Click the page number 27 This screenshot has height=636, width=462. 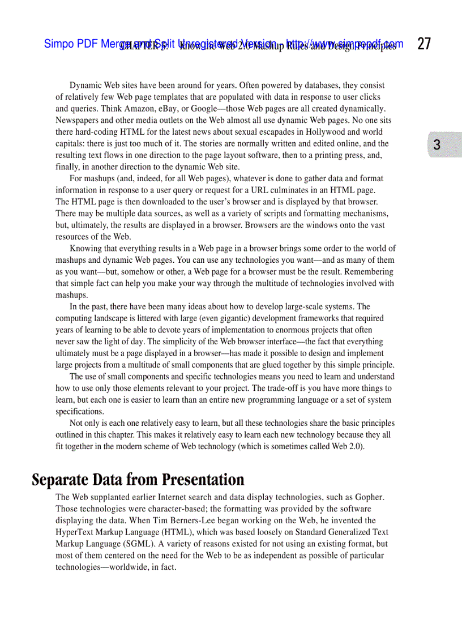tap(424, 44)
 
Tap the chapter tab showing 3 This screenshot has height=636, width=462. tap(437, 145)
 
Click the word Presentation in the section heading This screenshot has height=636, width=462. tap(203, 480)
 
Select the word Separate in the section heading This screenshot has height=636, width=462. tap(58, 480)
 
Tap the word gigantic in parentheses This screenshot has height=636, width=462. tap(233, 318)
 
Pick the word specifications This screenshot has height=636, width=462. tap(79, 412)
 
